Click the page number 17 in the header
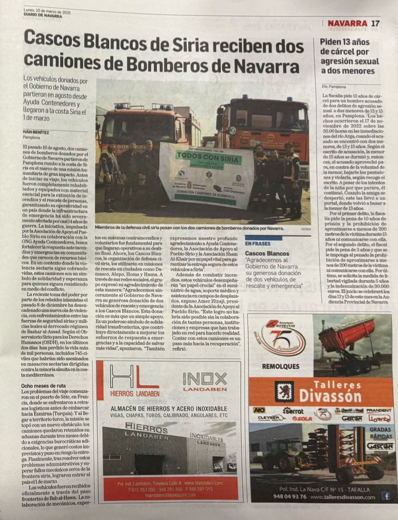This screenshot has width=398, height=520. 375,23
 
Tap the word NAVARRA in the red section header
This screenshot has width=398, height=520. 347,23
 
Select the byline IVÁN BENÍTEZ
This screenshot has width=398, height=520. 36,132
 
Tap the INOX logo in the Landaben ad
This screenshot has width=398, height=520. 205,379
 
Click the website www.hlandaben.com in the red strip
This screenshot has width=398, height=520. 203,483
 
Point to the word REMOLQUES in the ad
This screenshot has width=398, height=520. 280,366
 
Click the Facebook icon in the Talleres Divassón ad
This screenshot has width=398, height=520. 386,496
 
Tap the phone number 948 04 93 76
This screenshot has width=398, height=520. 290,496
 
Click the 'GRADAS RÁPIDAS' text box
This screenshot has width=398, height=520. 380,433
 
